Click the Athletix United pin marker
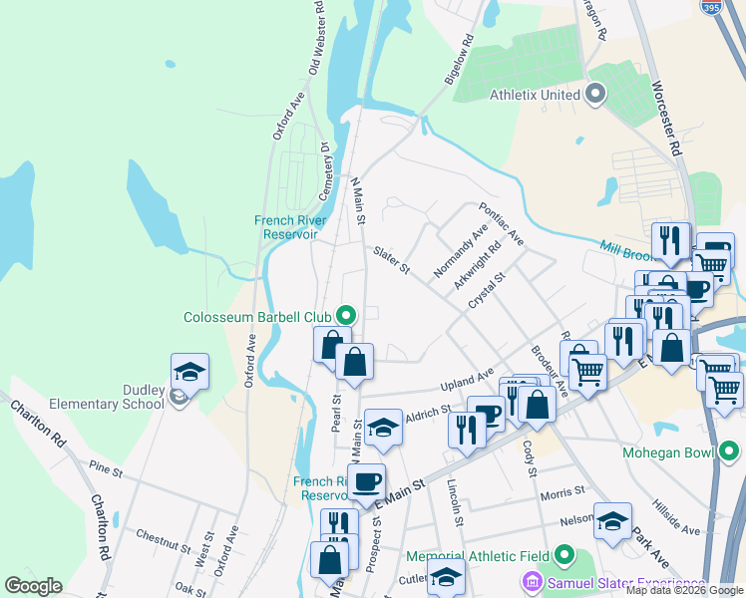pos(596,96)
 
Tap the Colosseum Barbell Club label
pos(256,317)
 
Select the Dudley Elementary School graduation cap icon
pos(189,372)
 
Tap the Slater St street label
pos(392,261)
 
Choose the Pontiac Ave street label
pos(501,225)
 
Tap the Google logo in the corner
pos(33,585)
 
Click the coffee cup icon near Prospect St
pos(367,481)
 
